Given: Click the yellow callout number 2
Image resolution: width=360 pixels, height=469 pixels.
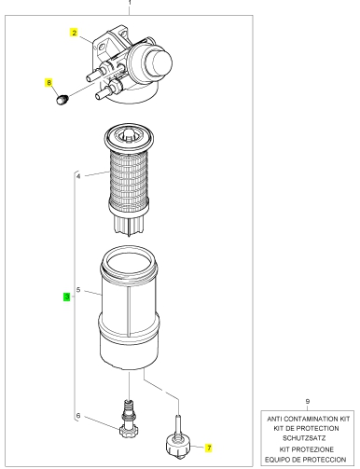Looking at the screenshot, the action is coord(74,33).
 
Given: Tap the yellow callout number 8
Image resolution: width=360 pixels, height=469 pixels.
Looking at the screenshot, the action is coord(48,83).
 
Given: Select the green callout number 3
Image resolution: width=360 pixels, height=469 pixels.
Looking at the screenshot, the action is coord(67,297).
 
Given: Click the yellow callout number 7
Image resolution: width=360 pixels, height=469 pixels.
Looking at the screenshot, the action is coord(209,448).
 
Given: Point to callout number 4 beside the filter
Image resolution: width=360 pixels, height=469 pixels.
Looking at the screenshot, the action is coord(78,176).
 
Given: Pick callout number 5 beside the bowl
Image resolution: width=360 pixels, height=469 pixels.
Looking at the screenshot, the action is coord(78,290).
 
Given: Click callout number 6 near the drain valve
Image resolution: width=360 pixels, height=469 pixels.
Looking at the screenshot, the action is coord(78,416).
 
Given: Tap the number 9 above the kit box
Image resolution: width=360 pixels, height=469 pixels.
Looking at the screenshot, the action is coord(308,401).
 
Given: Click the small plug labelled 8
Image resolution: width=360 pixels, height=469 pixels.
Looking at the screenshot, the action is coord(62,100).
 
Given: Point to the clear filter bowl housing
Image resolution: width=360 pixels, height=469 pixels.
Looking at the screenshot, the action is coord(130,307).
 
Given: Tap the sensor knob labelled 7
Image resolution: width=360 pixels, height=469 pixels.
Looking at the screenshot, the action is coord(177,443).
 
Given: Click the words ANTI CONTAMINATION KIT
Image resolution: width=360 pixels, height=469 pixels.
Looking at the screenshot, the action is coord(309,419).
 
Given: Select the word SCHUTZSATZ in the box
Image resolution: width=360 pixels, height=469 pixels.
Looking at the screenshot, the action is coord(304,438).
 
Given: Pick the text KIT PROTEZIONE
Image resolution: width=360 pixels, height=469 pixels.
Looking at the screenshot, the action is coord(307,449).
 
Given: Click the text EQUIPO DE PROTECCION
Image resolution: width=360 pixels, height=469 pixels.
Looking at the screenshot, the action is coord(306,460).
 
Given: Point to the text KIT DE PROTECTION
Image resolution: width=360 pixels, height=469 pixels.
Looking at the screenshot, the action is coord(306,428).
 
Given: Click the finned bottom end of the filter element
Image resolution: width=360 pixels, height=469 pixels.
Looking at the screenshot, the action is coord(129,224).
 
